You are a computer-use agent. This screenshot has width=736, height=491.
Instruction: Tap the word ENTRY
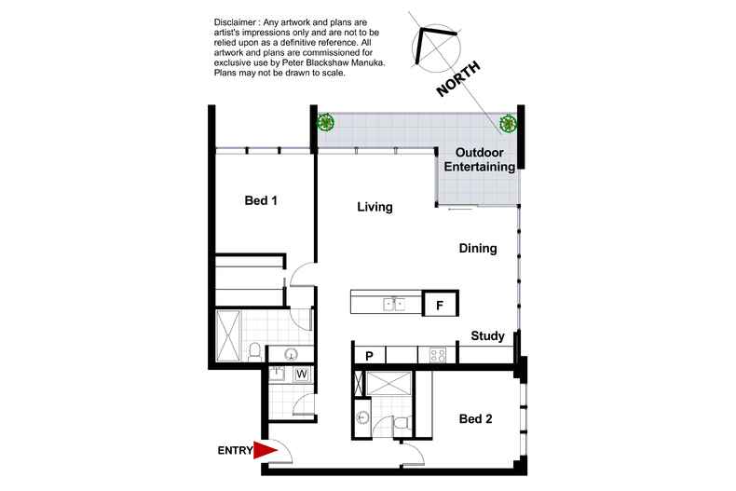point(235,451)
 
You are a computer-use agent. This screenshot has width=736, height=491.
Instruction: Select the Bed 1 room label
point(261,200)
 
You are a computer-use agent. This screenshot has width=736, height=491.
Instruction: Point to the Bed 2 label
point(476,419)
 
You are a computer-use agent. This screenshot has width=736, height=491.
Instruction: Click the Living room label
point(375,207)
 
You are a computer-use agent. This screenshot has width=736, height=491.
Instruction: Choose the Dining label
point(477,249)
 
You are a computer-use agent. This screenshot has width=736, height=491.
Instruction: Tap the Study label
point(487,336)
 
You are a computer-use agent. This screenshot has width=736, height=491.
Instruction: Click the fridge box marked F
point(440,304)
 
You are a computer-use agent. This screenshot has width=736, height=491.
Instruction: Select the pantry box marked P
point(369,355)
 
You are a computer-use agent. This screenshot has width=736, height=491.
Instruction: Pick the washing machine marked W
point(301,375)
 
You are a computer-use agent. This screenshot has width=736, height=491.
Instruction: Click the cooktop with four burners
point(437,355)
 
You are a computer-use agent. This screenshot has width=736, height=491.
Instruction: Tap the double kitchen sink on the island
point(394,304)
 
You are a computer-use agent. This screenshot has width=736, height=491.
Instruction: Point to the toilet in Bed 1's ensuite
point(254,351)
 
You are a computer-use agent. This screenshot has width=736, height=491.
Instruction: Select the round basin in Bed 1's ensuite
point(290,354)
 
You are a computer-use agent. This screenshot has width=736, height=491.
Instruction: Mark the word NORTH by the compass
point(459,76)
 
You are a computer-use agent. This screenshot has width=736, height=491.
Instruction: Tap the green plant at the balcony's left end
point(324,121)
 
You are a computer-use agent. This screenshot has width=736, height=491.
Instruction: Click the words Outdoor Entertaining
point(479,159)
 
